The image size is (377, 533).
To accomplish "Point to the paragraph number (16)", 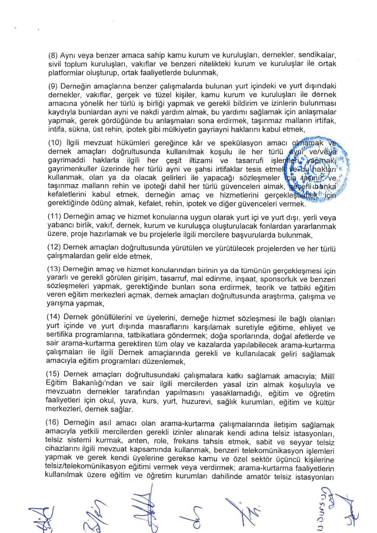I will (x=53, y=424).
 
